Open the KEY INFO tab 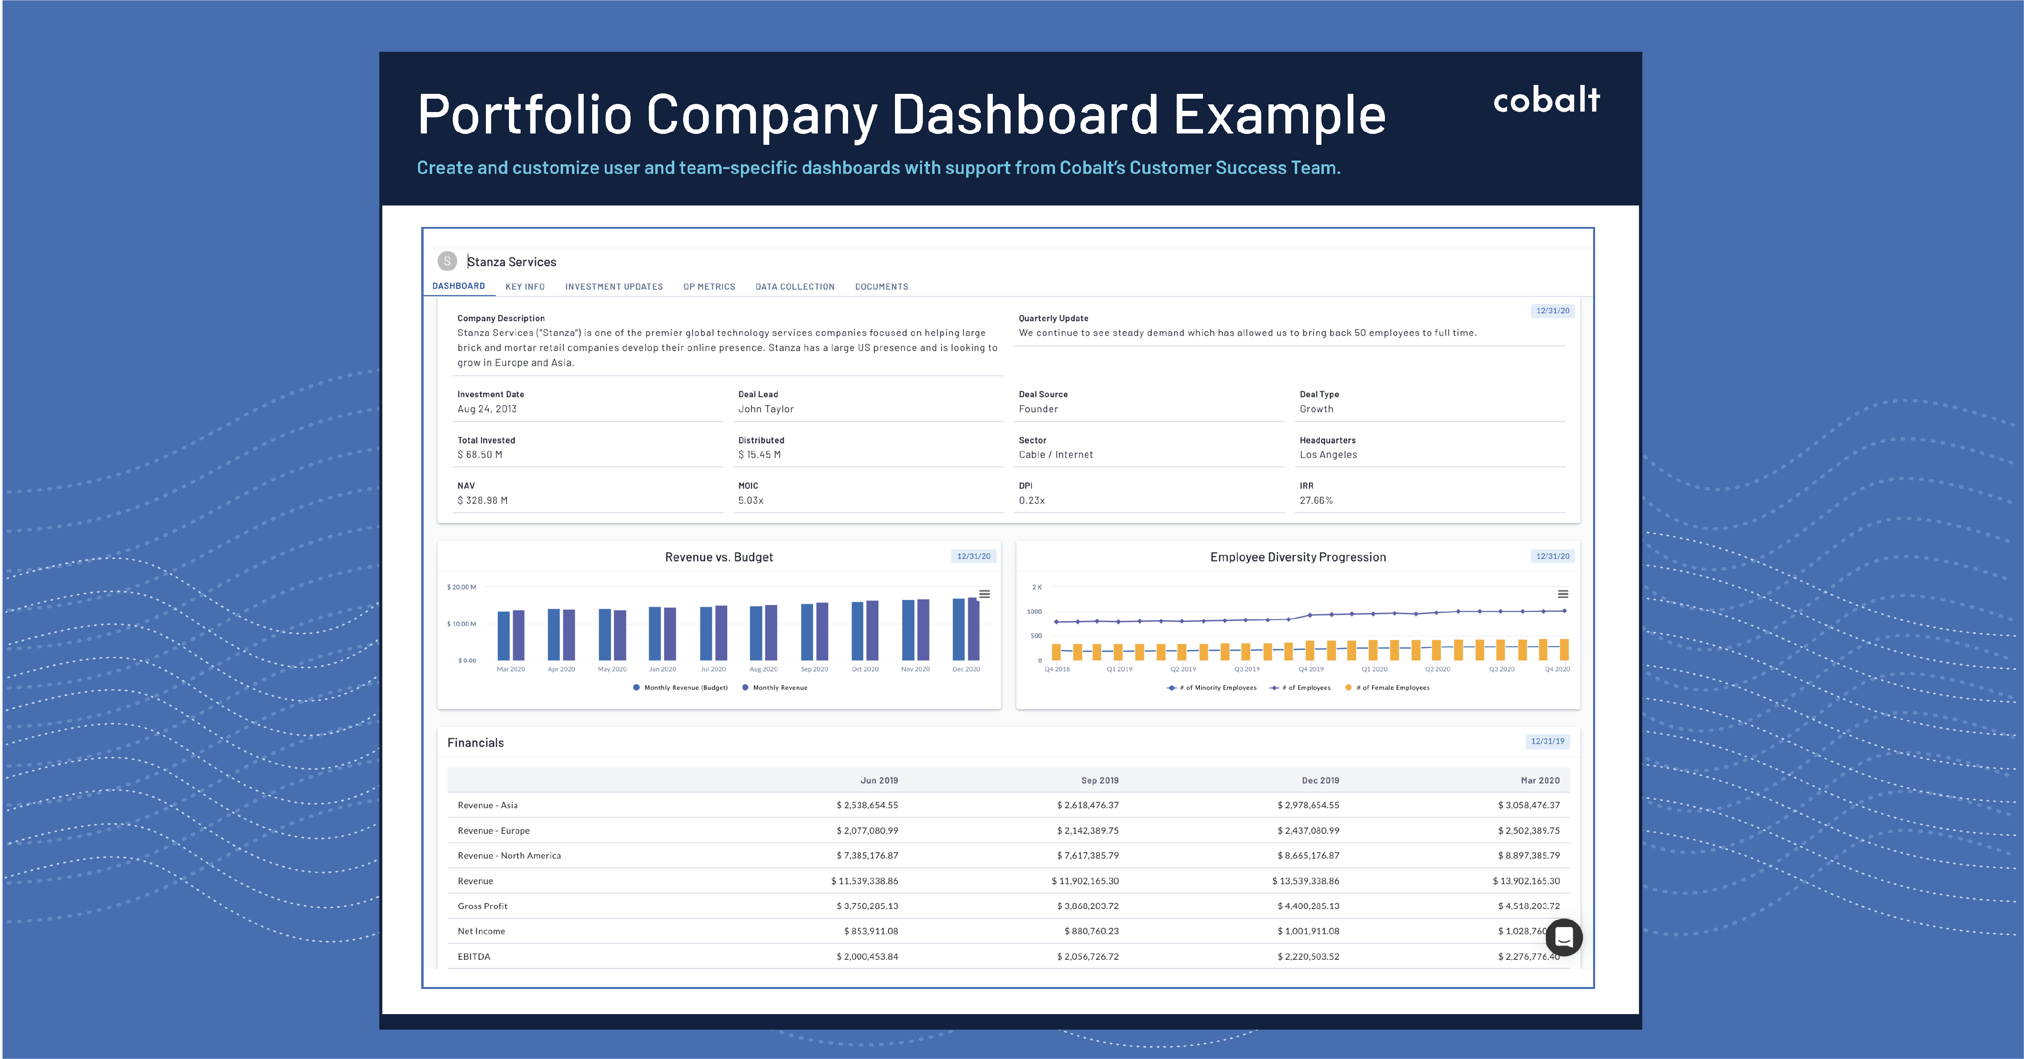tap(525, 287)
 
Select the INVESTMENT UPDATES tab tap(614, 287)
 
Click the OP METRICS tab tap(709, 287)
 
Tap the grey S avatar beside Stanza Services tap(447, 261)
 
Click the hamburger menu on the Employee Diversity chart tap(1563, 594)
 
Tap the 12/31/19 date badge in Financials tap(1547, 741)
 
